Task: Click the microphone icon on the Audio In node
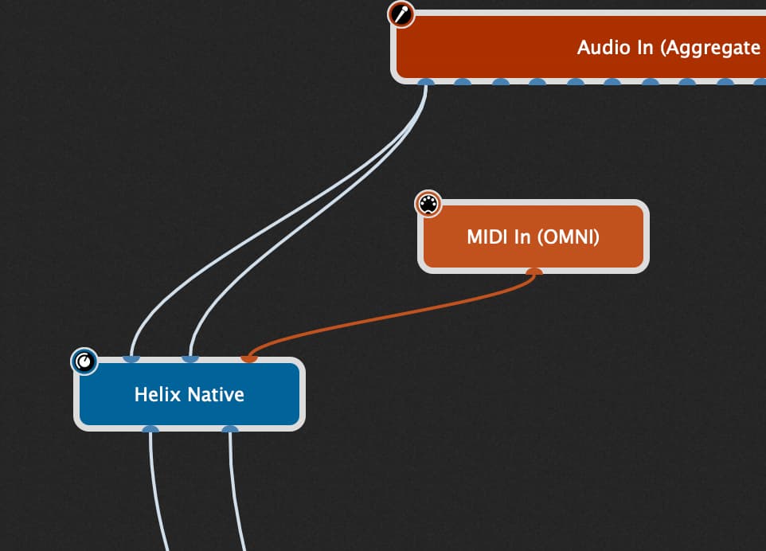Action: pos(401,14)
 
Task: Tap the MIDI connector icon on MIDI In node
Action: pos(428,204)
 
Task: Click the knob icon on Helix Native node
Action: pos(84,361)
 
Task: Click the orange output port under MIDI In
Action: pos(534,272)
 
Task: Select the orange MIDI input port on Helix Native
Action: pos(249,358)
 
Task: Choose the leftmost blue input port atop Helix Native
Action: pos(131,358)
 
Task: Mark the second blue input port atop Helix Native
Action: pos(190,358)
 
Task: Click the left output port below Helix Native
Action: pos(150,429)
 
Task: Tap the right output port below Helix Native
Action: pos(230,429)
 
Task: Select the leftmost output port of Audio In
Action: pos(426,82)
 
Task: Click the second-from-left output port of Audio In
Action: pos(463,82)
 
